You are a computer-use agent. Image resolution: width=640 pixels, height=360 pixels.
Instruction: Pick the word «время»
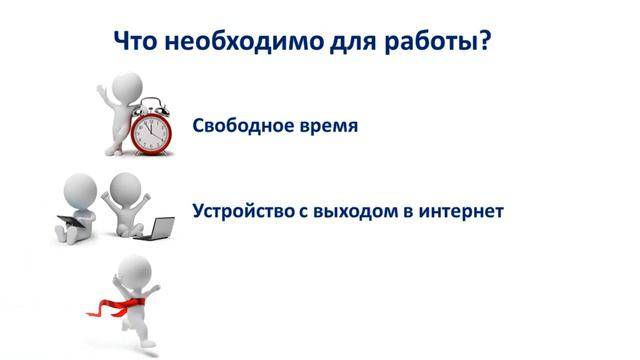coord(324,128)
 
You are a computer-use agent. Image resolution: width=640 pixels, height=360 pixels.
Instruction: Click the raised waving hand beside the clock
coord(102,81)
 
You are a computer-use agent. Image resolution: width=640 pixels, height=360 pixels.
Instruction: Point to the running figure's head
coord(135,268)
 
